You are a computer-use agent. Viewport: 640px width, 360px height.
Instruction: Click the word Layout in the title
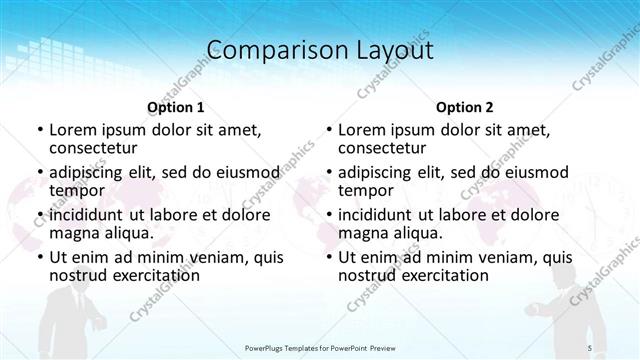point(391,49)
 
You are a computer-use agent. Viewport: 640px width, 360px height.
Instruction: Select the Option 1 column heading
point(176,107)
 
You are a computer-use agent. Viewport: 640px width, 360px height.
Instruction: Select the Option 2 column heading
point(465,107)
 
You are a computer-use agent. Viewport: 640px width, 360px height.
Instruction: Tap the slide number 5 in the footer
point(590,347)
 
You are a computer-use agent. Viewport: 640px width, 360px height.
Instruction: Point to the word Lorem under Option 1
point(73,130)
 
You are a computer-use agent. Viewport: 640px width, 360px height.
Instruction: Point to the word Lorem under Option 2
point(362,130)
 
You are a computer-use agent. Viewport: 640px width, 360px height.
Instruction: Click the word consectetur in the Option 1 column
point(92,149)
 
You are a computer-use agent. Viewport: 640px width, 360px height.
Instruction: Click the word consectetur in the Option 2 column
point(381,149)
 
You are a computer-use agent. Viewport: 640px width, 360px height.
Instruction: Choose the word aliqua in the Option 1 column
point(127,234)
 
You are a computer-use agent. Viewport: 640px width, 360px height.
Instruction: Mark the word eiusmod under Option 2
point(534,172)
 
